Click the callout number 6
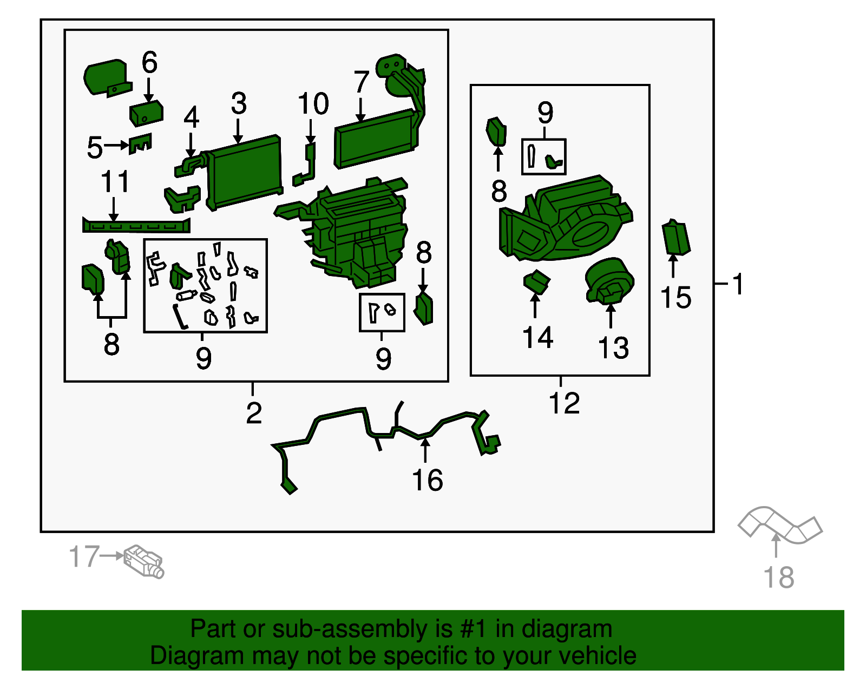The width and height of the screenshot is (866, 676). coord(149,63)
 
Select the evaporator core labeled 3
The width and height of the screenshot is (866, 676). coord(244,172)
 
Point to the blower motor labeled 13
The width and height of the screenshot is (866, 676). coord(609,281)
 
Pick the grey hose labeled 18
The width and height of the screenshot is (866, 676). coord(779,524)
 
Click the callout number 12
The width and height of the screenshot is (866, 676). coord(564,403)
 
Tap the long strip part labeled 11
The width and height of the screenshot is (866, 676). coord(136,226)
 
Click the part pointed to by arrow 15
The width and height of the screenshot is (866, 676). coord(675,238)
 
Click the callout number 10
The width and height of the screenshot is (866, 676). coord(313,103)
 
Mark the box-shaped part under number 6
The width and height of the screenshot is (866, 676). coord(146,113)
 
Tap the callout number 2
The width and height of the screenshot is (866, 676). coord(254,413)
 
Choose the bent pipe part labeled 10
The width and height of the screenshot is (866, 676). coord(304,164)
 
